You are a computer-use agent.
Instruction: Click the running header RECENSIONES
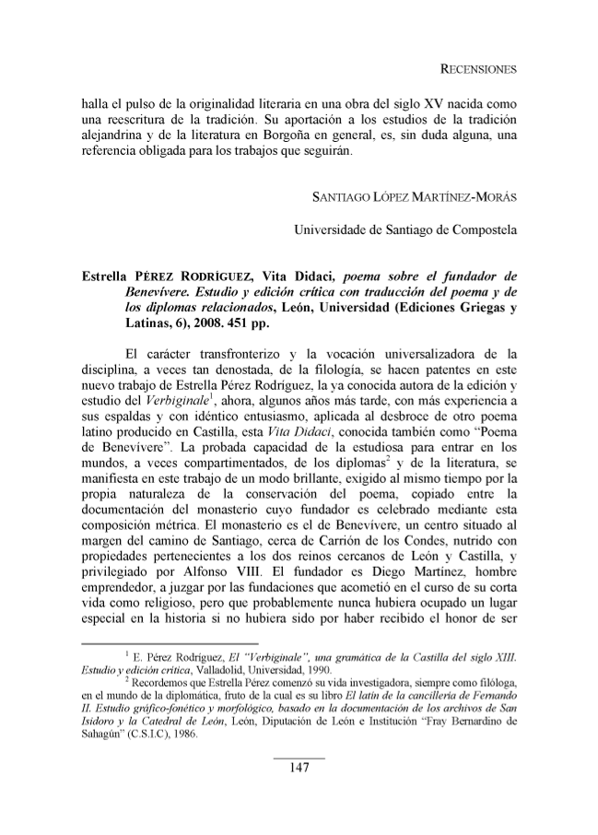pyautogui.click(x=477, y=70)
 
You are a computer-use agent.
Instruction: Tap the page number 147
pyautogui.click(x=299, y=769)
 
